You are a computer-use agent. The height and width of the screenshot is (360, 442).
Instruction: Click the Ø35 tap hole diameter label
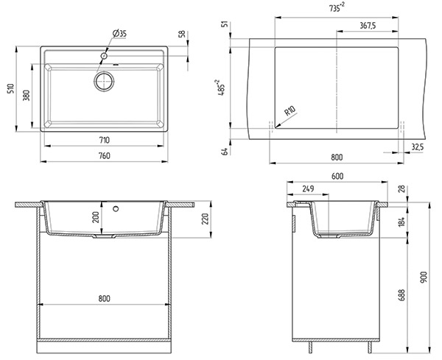119,34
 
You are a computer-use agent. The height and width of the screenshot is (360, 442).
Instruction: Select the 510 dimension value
11,88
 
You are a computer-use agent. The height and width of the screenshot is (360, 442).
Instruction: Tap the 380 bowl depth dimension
27,96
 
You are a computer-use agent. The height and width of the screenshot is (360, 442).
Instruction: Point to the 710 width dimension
105,140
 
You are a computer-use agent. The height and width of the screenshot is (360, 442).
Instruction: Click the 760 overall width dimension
105,156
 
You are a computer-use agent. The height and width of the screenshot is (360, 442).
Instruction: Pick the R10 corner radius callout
290,110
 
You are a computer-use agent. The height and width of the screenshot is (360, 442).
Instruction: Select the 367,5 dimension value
368,26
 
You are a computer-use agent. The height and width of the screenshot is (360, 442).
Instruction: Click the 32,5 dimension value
418,147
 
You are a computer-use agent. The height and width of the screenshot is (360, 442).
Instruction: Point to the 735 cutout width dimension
337,7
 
